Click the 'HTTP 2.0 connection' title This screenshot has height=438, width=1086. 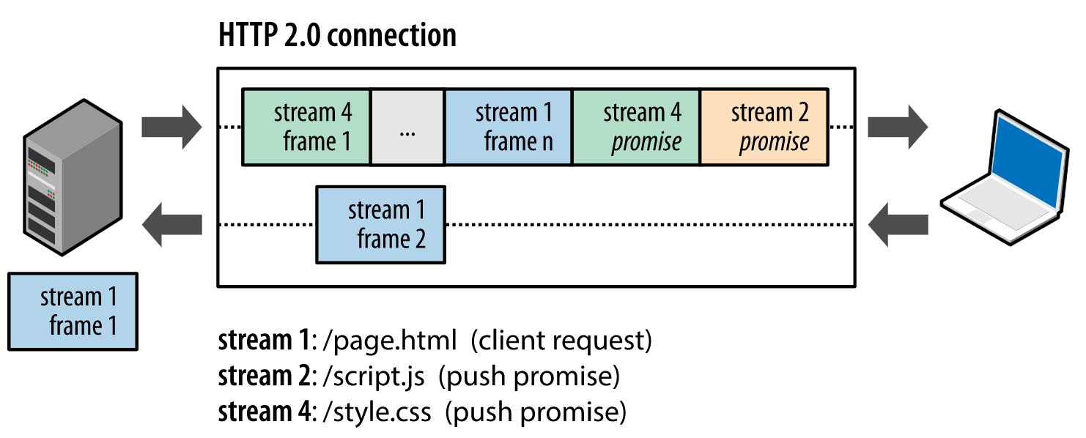[337, 35]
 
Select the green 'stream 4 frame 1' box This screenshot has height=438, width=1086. [306, 127]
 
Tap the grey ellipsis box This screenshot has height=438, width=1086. [407, 127]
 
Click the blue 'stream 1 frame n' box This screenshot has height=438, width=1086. [508, 127]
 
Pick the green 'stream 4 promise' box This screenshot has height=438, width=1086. [636, 127]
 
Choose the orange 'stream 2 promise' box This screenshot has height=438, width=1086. [764, 127]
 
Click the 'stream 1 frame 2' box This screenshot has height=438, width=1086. [380, 224]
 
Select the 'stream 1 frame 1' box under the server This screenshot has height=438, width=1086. [73, 311]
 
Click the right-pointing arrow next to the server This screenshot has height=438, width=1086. [171, 126]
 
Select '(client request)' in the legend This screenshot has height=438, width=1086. [561, 341]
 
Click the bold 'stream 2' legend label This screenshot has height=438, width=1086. [262, 376]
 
